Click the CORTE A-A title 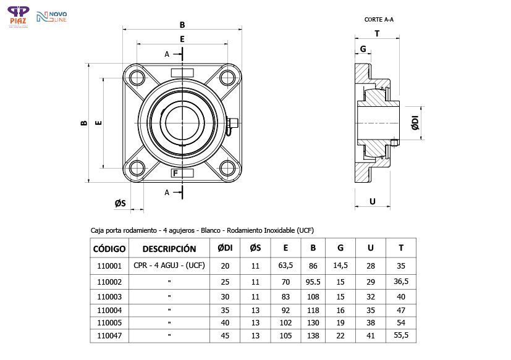tap(379, 20)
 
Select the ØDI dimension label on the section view tap(415, 122)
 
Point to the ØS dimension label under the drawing tap(120, 203)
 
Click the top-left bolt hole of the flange tap(137, 77)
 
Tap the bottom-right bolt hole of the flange tap(228, 168)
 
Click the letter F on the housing tap(176, 173)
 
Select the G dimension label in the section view tap(363, 49)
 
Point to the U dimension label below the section tap(372, 201)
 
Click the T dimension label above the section tap(376, 33)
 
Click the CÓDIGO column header tap(109, 249)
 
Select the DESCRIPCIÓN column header tap(169, 249)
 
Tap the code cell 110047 tap(109, 335)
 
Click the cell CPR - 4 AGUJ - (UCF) tap(169, 266)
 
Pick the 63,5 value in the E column tap(285, 266)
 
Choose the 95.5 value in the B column tap(313, 282)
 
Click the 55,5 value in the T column tap(401, 335)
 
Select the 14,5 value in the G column tap(340, 266)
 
